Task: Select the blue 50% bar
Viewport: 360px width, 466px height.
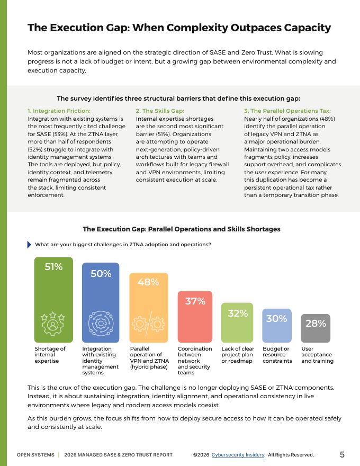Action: (x=101, y=302)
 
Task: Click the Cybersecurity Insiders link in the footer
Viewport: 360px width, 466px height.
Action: (x=238, y=455)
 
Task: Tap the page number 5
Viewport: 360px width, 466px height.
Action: (x=342, y=454)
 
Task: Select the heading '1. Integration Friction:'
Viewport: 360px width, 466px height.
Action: (x=59, y=111)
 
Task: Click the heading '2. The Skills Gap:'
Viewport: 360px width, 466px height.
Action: (x=160, y=111)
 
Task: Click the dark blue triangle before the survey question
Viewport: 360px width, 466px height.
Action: (x=29, y=245)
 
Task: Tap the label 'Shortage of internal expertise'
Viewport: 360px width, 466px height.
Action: (x=50, y=355)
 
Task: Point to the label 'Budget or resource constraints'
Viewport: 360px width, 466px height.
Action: (x=277, y=355)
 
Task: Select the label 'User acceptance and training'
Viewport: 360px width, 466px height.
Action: (x=317, y=355)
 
